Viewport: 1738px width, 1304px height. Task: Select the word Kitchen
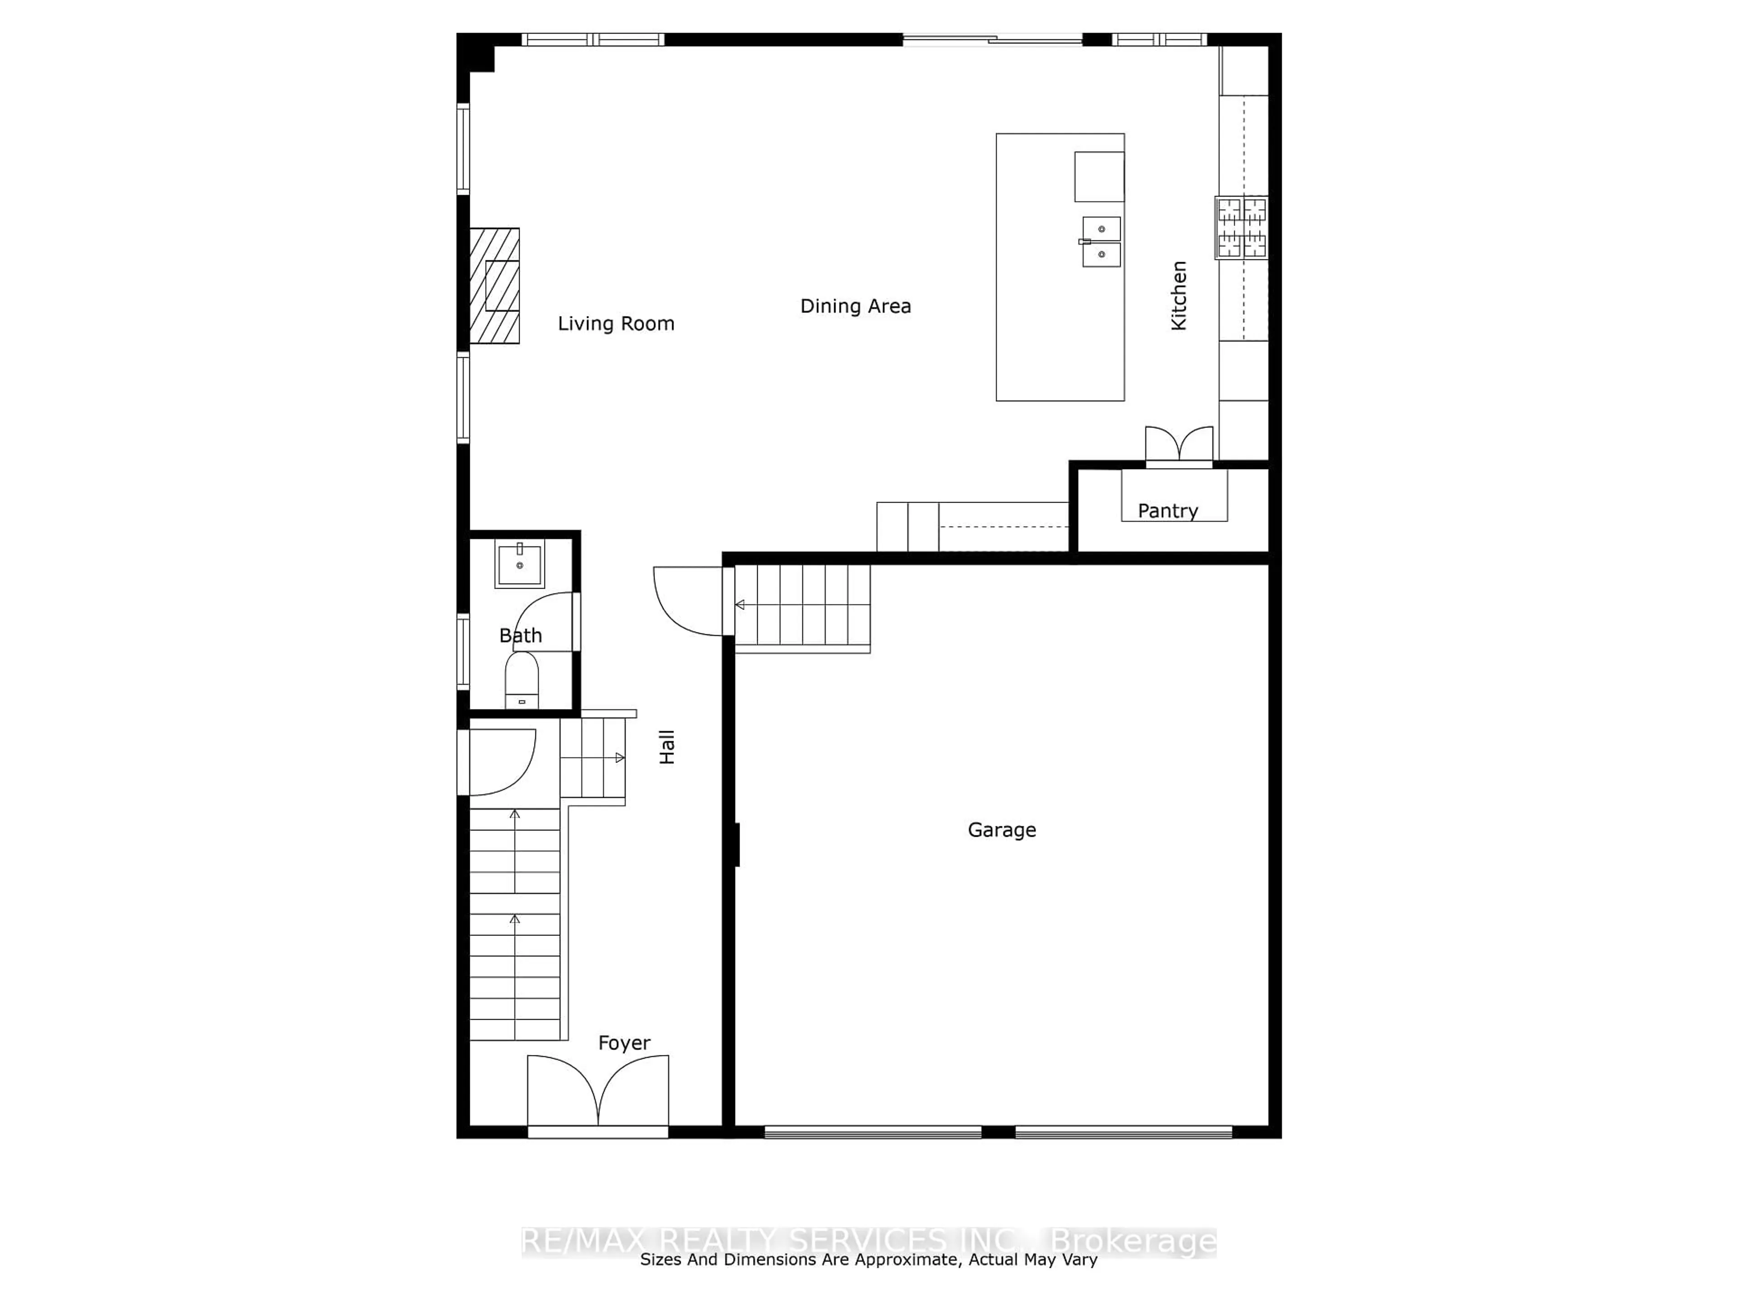[1179, 296]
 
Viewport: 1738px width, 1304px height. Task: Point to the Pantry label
[1168, 511]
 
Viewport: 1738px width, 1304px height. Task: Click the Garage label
[1002, 830]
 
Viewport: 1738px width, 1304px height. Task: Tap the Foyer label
[624, 1043]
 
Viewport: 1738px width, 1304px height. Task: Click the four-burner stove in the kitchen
[1241, 228]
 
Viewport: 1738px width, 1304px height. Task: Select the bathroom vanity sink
[519, 564]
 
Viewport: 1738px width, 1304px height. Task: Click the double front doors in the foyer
[598, 1093]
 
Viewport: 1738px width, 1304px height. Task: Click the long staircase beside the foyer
[515, 924]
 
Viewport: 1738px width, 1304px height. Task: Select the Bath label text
[520, 635]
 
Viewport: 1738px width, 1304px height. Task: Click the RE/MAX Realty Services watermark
[868, 1242]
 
